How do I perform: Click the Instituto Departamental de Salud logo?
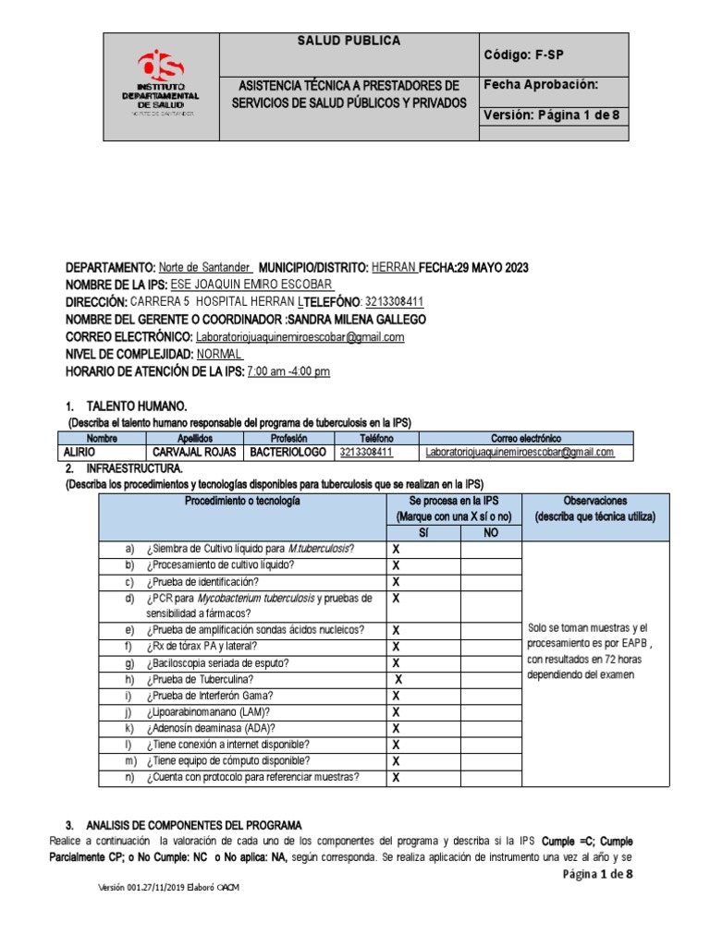point(161,85)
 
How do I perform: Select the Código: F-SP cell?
point(523,55)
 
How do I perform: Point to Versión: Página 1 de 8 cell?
point(553,115)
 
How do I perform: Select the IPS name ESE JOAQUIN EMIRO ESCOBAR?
point(252,285)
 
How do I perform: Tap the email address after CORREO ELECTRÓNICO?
point(300,337)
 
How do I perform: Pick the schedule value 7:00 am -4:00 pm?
point(288,371)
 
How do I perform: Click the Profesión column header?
point(288,438)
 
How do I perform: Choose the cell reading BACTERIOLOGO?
point(288,453)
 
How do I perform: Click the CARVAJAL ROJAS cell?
point(195,453)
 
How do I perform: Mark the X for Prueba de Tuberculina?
point(398,679)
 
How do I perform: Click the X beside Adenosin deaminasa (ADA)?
point(396,728)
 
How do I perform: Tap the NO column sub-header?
point(491,533)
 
